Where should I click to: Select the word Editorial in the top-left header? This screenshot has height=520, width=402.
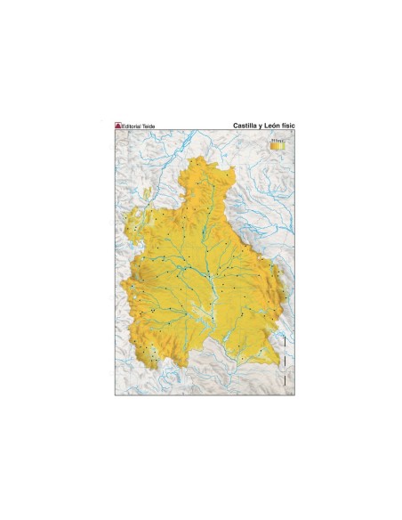[x=133, y=126]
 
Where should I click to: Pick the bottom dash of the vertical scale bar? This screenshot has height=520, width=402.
[x=284, y=381]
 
